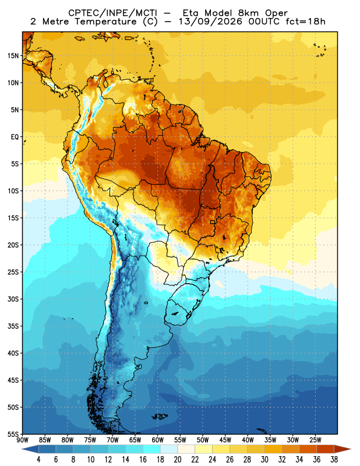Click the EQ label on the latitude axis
coord(15,137)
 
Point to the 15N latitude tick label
coord(13,56)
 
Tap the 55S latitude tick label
coord(13,434)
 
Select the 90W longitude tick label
coord(22,440)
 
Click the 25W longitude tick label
coord(315,440)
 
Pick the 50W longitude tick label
coord(203,440)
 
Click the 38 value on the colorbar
coord(334,460)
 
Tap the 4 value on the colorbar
coord(38,460)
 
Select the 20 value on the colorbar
coord(178,460)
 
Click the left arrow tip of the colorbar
coord(22,449)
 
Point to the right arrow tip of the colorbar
coord(351,449)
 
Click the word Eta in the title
coord(192,13)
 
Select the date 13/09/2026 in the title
coord(211,22)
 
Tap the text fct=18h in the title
coord(305,22)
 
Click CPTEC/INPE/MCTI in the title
coord(113,13)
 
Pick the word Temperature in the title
coord(105,22)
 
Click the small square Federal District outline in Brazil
coord(213,222)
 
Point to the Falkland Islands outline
coord(160,416)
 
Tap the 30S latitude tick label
coord(13,299)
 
